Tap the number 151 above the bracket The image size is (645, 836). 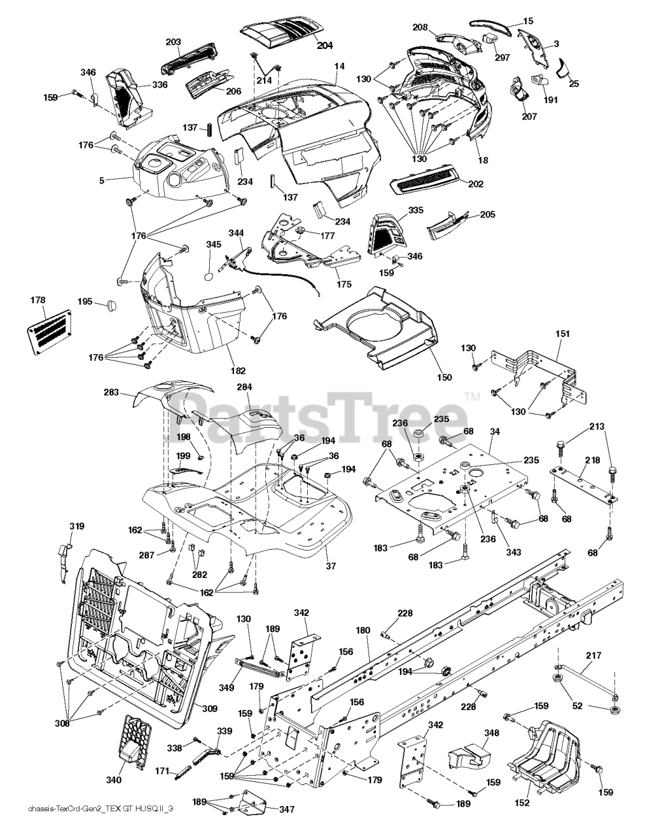click(x=563, y=334)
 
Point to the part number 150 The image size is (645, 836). click(x=444, y=377)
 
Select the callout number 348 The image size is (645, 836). click(x=491, y=733)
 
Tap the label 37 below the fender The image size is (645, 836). click(x=331, y=566)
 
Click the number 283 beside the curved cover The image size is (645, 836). click(x=111, y=393)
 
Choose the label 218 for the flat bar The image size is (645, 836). click(x=592, y=460)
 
